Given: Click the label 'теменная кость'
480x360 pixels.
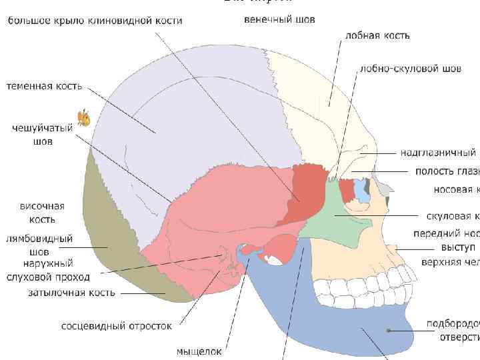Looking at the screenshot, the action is (44, 85).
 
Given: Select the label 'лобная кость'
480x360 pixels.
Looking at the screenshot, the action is (377, 35).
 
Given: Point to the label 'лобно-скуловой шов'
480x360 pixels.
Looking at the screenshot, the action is (410, 68).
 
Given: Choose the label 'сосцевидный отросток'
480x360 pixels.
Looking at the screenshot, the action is (117, 326).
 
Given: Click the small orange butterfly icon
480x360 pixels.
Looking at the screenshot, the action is (84, 118).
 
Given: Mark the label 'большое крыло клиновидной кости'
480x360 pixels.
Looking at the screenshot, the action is (95, 21).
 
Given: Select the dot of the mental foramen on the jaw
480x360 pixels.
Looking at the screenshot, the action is (388, 329).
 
